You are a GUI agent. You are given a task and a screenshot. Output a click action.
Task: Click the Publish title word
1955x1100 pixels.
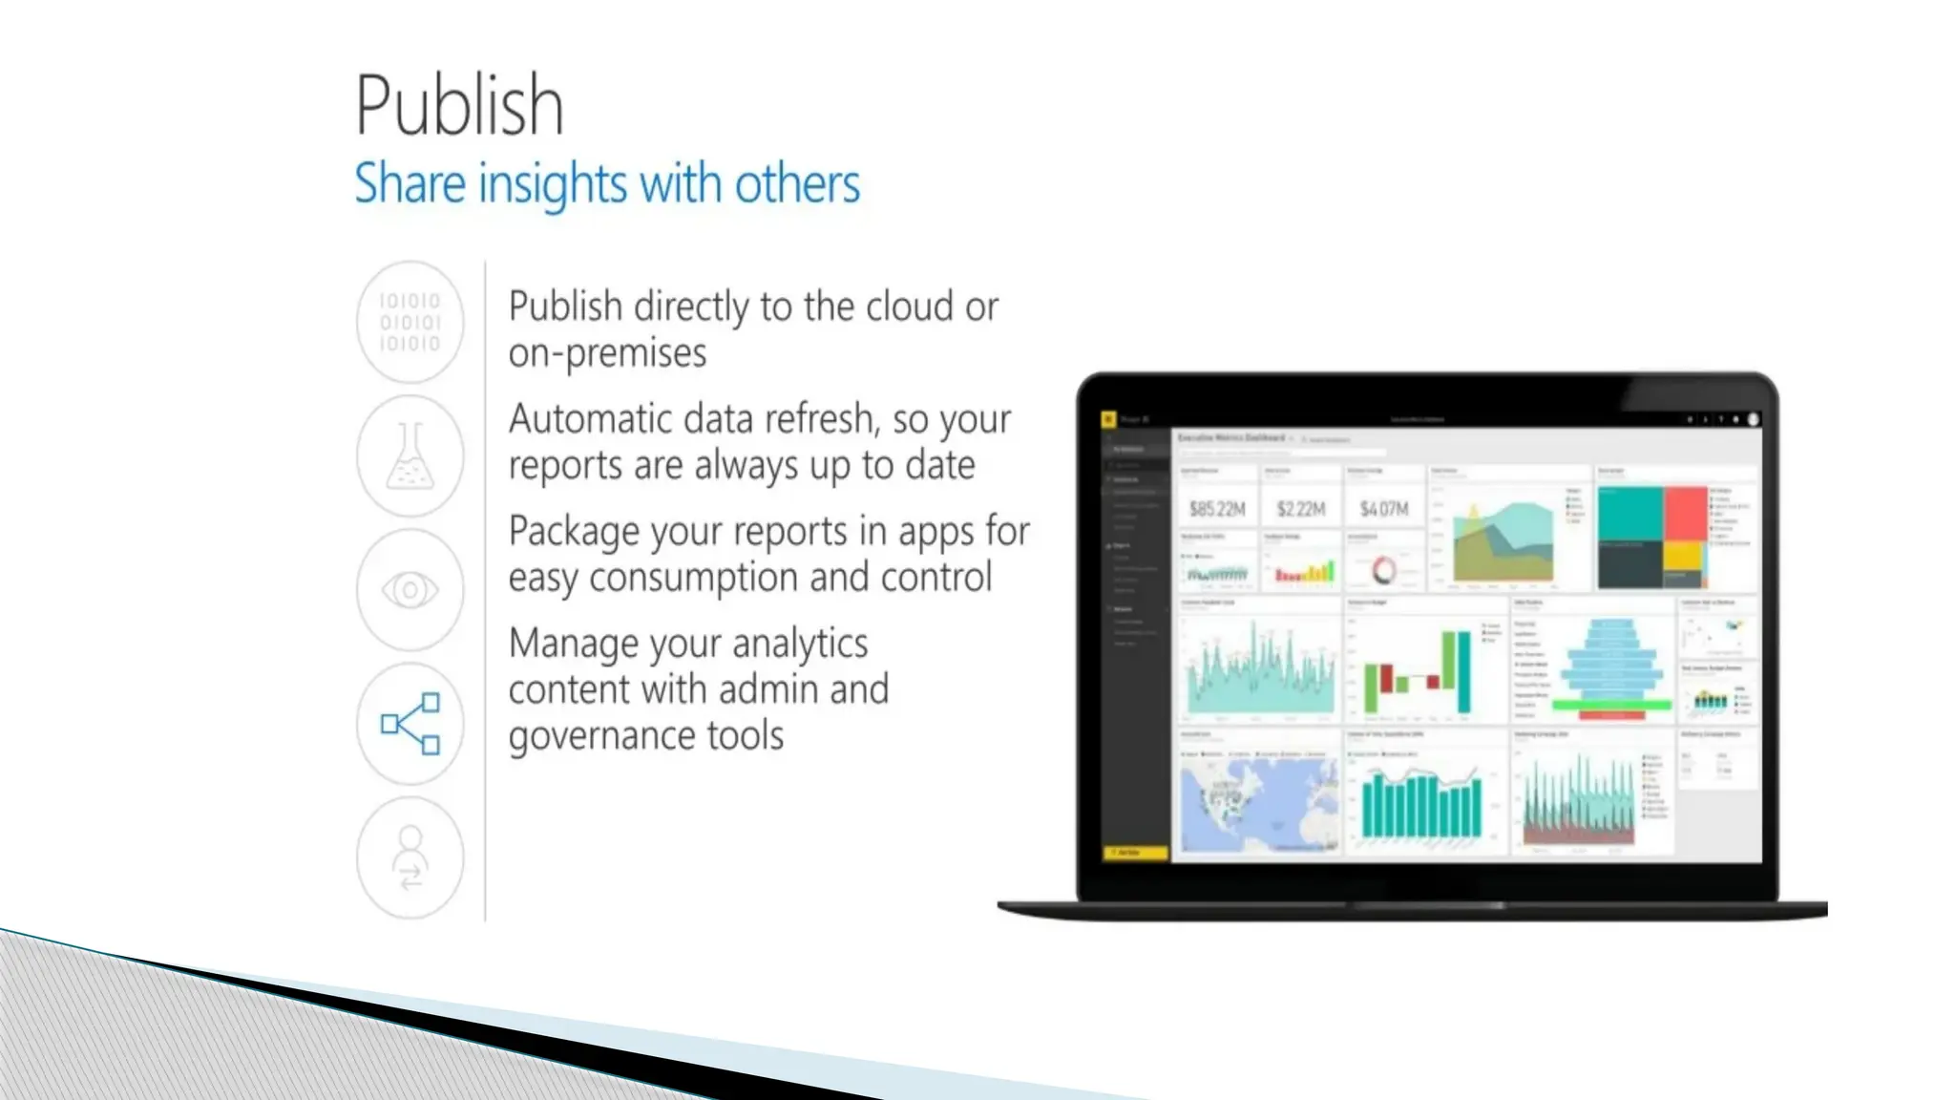pos(459,105)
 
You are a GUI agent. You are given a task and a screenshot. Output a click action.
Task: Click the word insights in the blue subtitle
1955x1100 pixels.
pos(553,183)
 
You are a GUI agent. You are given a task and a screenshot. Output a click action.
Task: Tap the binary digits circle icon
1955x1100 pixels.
pos(410,322)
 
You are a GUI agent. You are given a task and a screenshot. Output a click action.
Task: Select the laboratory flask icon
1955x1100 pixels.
pos(410,456)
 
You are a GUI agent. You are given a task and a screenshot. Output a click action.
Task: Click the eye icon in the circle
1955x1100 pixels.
pos(410,590)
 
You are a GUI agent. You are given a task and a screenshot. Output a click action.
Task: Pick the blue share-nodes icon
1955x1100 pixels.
pos(410,724)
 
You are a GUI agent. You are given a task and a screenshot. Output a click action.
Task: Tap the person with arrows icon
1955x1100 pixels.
pos(410,857)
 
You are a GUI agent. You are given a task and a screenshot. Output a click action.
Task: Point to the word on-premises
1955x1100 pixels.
pos(607,353)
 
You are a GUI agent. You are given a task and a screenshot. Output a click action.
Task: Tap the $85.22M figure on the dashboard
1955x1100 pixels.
pos(1217,509)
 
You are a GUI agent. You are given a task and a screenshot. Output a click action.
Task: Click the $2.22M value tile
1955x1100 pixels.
pos(1301,509)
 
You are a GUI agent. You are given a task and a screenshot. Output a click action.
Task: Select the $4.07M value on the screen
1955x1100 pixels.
pos(1384,509)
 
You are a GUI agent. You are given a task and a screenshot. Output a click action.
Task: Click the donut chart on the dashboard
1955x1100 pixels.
pos(1383,571)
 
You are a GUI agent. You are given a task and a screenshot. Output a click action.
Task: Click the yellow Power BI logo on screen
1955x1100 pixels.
pos(1108,419)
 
